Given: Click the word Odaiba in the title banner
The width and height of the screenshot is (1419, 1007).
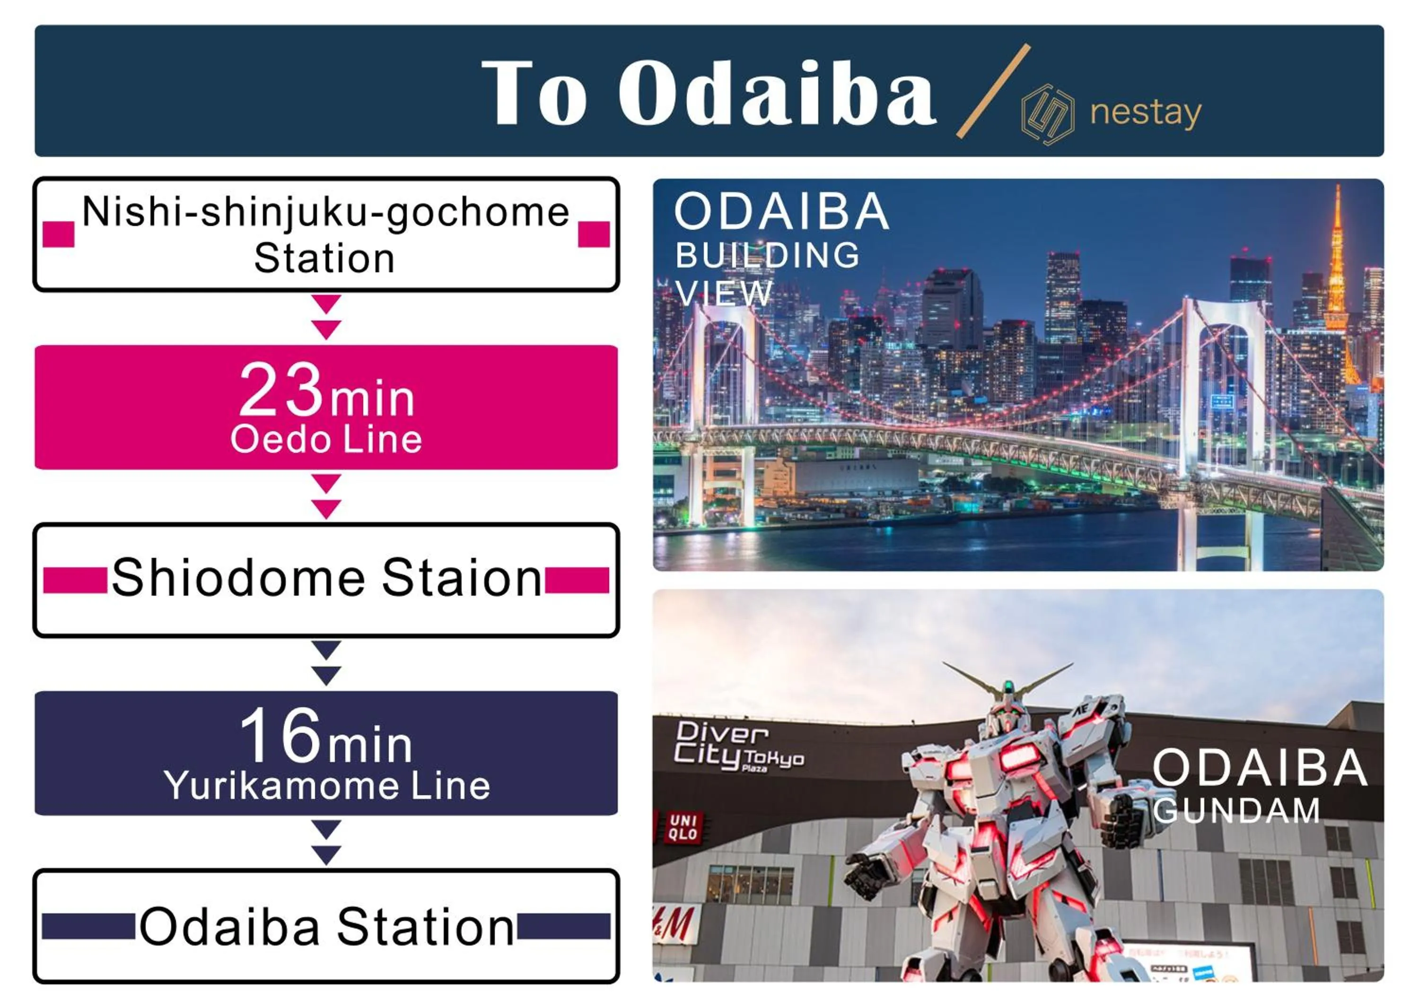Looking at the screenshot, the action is [x=777, y=93].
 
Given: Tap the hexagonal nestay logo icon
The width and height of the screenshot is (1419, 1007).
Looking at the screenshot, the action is [x=1048, y=115].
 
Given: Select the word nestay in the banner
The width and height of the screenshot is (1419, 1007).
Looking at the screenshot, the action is [x=1146, y=113].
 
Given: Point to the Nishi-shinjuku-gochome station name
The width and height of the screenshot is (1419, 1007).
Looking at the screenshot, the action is [x=325, y=234].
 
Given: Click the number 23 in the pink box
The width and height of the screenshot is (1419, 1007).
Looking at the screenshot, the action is [x=281, y=390].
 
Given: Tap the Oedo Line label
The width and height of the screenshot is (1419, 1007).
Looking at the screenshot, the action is [x=326, y=440].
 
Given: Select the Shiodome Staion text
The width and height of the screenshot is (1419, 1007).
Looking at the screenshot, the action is [x=327, y=578].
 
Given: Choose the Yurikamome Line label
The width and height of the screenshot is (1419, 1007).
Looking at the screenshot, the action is [x=327, y=786].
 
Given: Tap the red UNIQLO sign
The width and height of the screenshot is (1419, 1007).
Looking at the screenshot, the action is [x=683, y=828].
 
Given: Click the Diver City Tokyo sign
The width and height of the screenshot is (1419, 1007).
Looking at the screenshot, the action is [x=738, y=747].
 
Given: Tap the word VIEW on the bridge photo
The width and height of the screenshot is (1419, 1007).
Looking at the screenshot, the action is [x=723, y=293].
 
